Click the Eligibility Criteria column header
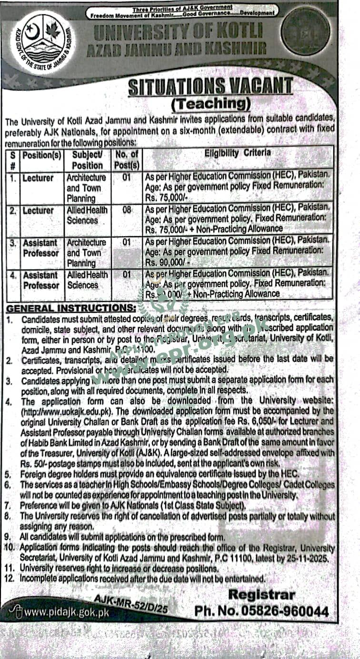pyautogui.click(x=238, y=153)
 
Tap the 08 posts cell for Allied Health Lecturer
pyautogui.click(x=127, y=209)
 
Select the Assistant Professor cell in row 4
pyautogui.click(x=40, y=280)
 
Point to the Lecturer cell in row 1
pyautogui.click(x=39, y=178)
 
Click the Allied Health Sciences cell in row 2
pyautogui.click(x=87, y=215)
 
